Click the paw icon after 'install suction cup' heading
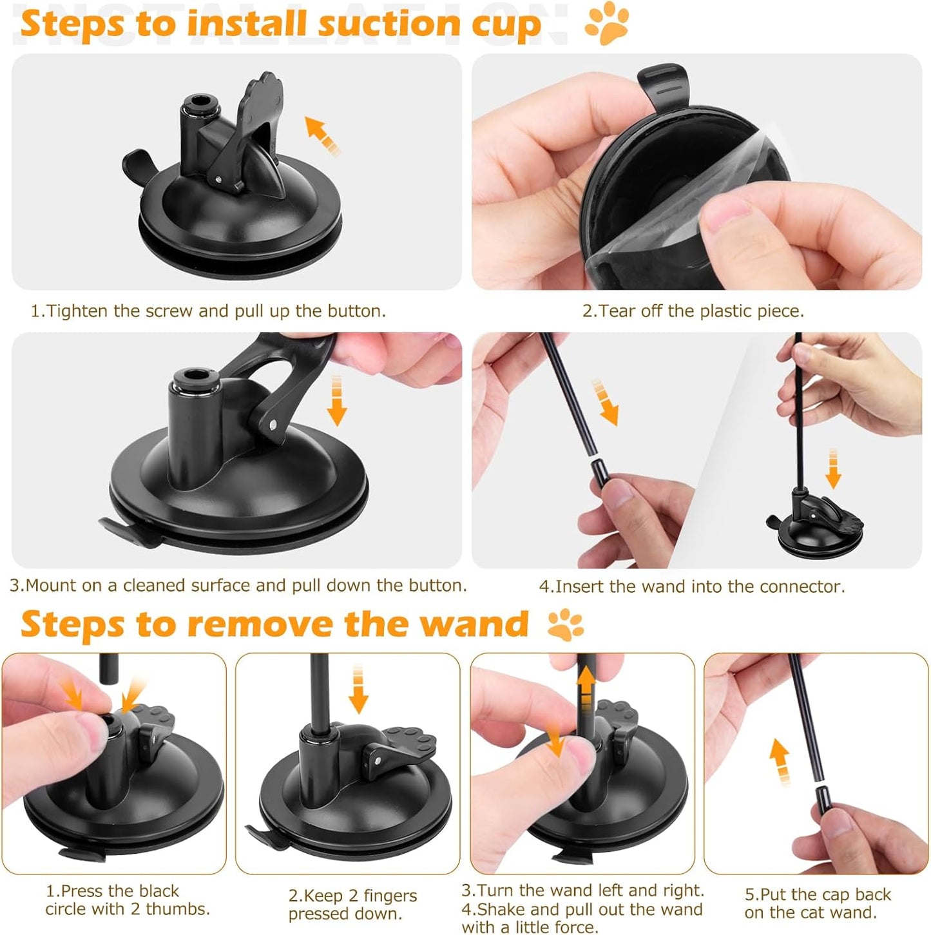606,24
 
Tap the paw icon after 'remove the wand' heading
565,624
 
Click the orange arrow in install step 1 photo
323,135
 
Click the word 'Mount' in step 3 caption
50,586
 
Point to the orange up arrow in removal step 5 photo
780,760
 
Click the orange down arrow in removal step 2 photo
358,689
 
